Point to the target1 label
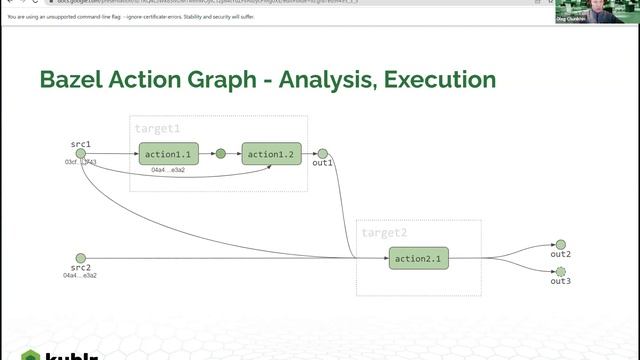pos(158,129)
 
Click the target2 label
pos(385,232)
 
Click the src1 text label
pos(81,144)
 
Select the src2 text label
pos(81,268)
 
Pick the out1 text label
pos(322,162)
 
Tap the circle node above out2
pos(560,244)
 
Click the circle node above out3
pos(560,271)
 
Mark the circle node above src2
pos(81,258)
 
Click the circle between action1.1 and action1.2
pos(221,154)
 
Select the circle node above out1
pos(322,153)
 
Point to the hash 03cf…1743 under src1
pos(81,162)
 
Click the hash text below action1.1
pos(168,170)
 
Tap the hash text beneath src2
pos(81,275)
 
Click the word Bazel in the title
pos(75,81)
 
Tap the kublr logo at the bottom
pos(40,354)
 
